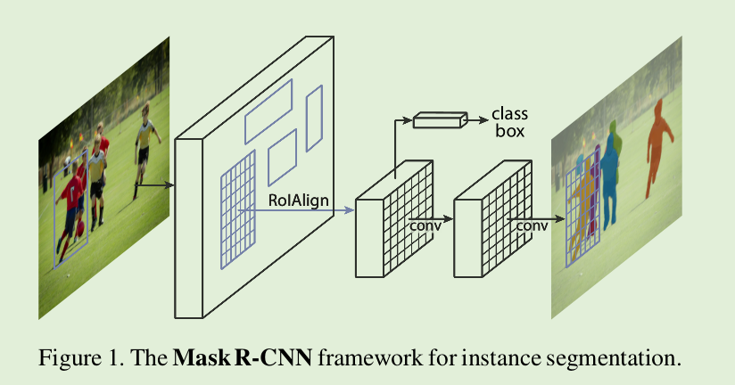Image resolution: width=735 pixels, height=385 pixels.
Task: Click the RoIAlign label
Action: coord(298,201)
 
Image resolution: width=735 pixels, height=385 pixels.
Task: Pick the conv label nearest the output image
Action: coord(532,226)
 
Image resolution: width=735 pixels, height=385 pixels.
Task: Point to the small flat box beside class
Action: coord(439,120)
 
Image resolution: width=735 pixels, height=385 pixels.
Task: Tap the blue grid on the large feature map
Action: coord(237,209)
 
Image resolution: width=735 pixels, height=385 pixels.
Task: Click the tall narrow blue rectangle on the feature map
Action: coord(314,119)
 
